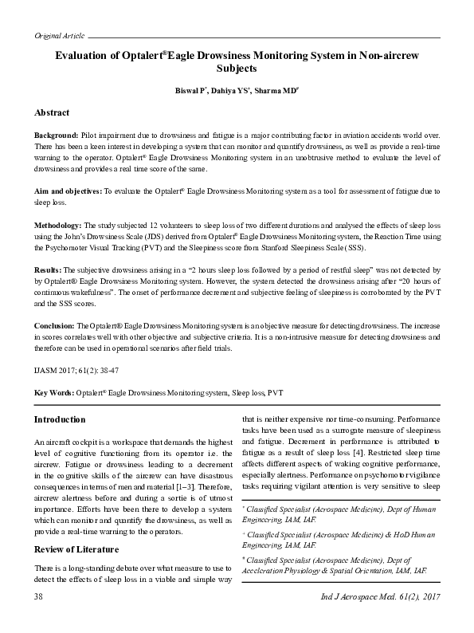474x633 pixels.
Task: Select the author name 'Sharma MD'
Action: tap(276, 92)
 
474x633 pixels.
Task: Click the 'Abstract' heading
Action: tap(52, 112)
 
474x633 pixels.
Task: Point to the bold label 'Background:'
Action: tap(56, 137)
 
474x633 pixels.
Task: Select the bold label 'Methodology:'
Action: tap(58, 226)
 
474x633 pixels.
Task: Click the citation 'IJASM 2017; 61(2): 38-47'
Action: tap(76, 372)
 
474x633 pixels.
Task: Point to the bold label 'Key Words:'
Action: tap(53, 394)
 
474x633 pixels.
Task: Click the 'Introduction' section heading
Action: tap(61, 420)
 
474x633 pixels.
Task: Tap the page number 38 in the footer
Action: tap(39, 619)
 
